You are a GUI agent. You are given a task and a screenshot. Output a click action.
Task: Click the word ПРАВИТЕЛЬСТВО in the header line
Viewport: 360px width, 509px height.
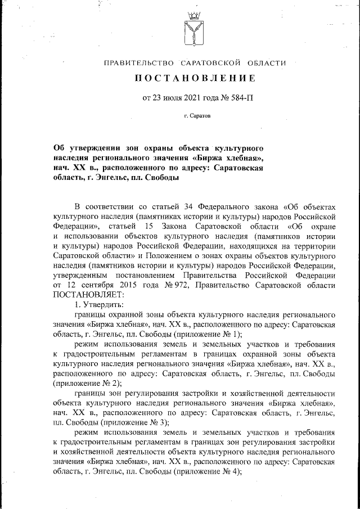click(137, 63)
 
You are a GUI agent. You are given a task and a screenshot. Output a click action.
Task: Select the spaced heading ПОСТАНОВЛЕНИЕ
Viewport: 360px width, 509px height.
click(195, 78)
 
